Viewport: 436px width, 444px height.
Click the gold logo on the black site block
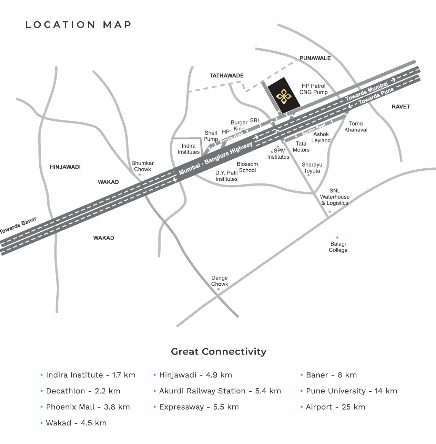284,96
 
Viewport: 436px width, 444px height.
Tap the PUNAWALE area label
315,58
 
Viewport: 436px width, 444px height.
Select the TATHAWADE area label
226,75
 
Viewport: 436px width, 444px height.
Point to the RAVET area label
400,107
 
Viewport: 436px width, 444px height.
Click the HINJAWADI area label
65,167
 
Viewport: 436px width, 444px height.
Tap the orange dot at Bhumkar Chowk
140,175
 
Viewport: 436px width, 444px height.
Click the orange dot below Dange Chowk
218,289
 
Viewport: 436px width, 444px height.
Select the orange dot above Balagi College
337,237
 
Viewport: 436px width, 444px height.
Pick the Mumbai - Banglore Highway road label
215,158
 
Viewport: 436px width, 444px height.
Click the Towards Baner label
18,226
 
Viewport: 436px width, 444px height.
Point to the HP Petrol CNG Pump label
313,89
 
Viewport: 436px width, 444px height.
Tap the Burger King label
239,126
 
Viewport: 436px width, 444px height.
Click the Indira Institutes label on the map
189,149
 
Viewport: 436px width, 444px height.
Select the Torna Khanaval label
356,126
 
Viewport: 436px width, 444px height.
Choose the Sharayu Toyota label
312,168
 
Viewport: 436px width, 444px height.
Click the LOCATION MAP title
79,25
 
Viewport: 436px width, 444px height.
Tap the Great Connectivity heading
219,351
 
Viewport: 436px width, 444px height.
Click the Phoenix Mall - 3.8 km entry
88,407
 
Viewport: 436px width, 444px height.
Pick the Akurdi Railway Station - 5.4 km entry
220,391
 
